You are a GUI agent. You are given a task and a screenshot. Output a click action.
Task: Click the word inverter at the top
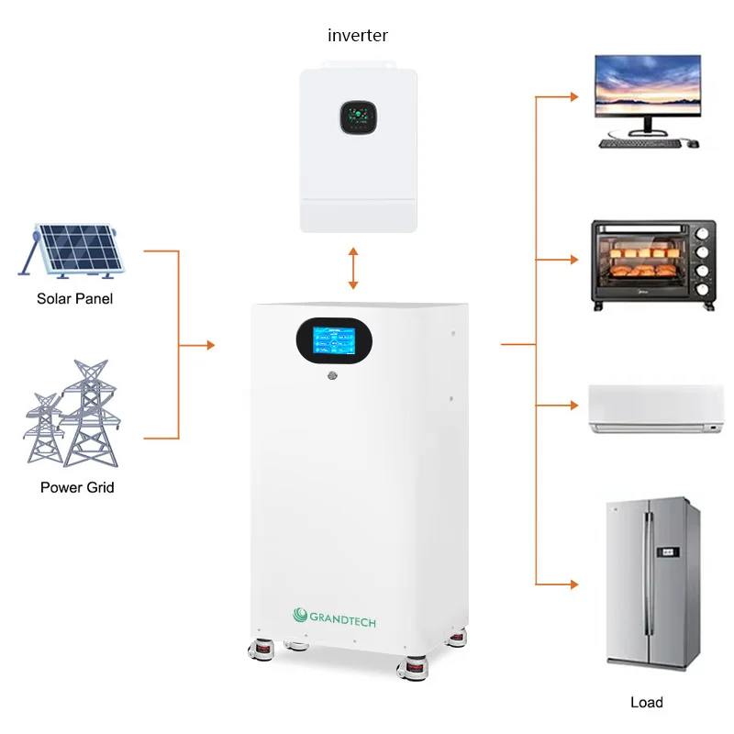[x=358, y=36]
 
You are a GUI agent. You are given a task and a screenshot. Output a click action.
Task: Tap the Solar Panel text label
[x=75, y=298]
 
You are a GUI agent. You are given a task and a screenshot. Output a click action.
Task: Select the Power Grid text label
[x=77, y=487]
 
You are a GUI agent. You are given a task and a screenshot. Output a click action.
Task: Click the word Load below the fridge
[x=647, y=702]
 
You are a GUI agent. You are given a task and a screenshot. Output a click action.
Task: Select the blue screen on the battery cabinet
[x=334, y=343]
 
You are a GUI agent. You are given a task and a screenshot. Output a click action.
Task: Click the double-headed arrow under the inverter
[x=353, y=269]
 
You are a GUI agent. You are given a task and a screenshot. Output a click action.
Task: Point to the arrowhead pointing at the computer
[x=574, y=96]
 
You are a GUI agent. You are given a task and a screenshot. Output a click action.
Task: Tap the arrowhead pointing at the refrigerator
[x=574, y=584]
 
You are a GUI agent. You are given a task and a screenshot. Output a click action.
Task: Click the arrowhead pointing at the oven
[x=574, y=260]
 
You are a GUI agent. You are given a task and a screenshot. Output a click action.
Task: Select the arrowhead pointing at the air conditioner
[x=574, y=405]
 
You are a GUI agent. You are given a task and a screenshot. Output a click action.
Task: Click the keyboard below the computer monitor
[x=639, y=143]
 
